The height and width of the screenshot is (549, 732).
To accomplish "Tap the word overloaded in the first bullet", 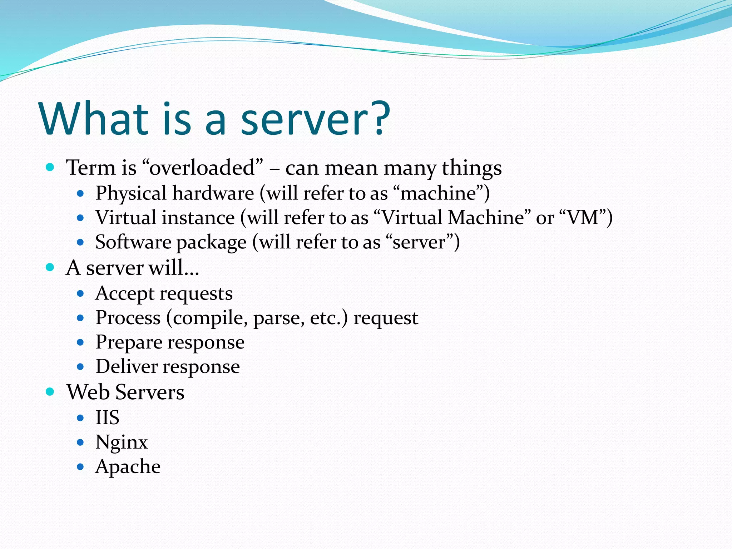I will pos(202,168).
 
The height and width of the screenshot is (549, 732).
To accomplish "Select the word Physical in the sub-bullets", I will pos(131,193).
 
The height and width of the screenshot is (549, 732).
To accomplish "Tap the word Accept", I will pos(124,294).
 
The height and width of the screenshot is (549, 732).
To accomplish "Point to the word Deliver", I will pos(126,367).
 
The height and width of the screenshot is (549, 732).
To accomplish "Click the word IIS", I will pos(107,417).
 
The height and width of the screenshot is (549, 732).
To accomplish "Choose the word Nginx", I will pos(121,442).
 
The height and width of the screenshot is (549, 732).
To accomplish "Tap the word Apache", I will pos(128,466).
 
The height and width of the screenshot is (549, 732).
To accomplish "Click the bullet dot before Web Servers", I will pos(50,392).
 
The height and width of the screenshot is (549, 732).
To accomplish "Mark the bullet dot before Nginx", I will pos(80,442).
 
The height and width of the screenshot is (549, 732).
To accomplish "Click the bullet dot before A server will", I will pos(50,267).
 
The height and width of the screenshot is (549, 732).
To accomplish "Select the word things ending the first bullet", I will pos(471,168).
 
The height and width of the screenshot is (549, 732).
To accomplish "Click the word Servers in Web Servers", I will pos(150,392).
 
